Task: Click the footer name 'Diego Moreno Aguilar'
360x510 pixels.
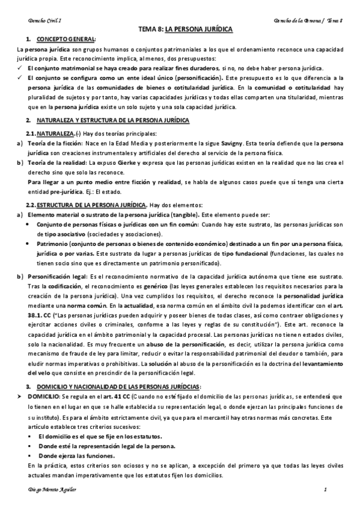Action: pyautogui.click(x=43, y=491)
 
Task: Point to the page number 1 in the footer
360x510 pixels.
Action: pyautogui.click(x=325, y=491)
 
